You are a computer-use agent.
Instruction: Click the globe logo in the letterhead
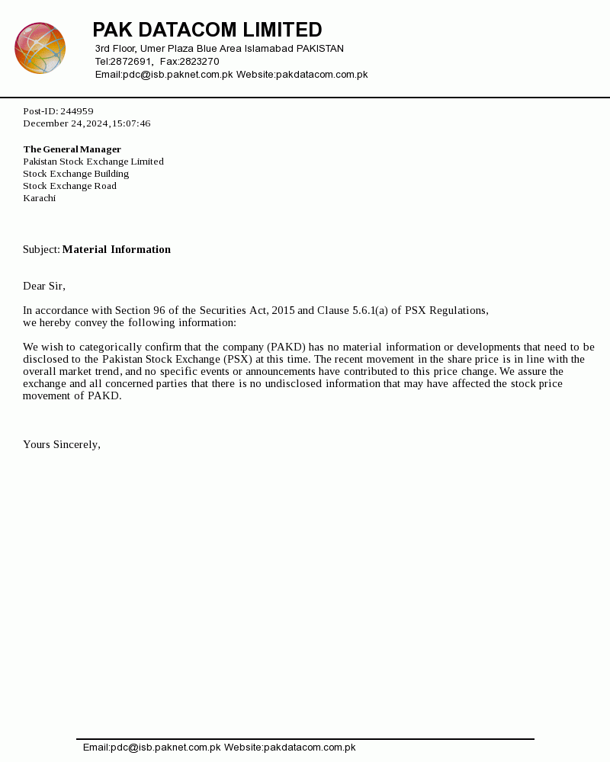tap(40, 48)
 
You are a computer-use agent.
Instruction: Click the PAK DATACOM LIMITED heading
tap(207, 30)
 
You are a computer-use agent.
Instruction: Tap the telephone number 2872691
tap(131, 62)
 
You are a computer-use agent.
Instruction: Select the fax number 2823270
tap(199, 62)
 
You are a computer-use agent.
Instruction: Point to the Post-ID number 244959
tap(77, 111)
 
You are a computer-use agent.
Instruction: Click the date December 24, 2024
tap(66, 123)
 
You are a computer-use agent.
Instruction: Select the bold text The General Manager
tap(72, 149)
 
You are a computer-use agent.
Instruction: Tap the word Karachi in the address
tap(39, 198)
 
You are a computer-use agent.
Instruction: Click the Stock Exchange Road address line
tap(69, 186)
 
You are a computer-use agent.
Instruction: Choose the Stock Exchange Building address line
tap(75, 174)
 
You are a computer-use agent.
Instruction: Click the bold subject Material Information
tap(116, 250)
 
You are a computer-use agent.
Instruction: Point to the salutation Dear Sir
tap(43, 287)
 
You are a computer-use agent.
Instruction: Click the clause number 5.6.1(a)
tap(370, 311)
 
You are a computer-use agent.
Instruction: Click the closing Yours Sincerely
tap(61, 445)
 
